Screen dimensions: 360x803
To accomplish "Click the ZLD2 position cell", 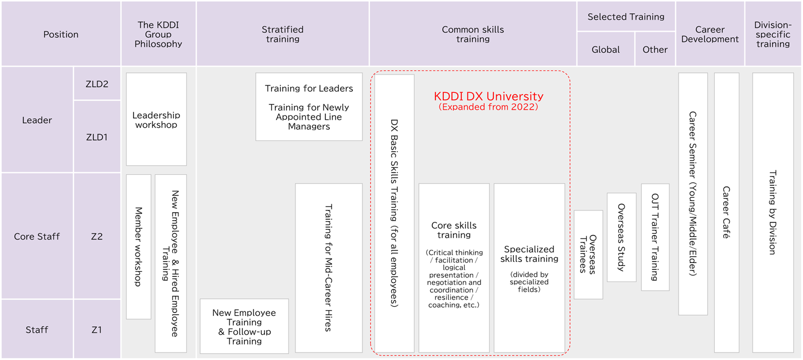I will tap(97, 84).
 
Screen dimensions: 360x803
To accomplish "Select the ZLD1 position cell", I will tap(97, 137).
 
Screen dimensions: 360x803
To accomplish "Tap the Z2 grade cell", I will tap(97, 236).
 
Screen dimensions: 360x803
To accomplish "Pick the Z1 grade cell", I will tap(97, 330).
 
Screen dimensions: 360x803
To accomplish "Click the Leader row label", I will tap(37, 120).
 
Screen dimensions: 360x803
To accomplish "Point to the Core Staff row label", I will tap(37, 236).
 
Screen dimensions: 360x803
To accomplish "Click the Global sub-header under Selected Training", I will tap(606, 49).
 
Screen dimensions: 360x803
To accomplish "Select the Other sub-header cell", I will tap(655, 49).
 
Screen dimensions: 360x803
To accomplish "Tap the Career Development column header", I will tap(710, 34).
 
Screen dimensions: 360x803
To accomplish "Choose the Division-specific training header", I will tap(773, 34).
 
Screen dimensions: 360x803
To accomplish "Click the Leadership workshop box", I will tap(156, 120).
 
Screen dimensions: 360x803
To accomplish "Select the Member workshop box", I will tap(138, 246).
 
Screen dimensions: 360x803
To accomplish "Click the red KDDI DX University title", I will tap(488, 96).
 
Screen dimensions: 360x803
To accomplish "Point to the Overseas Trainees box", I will tap(588, 255).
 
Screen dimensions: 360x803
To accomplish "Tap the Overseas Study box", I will tap(621, 237).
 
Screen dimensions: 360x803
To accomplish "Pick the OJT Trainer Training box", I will tap(655, 237).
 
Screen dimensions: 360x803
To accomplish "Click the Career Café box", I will tap(726, 212).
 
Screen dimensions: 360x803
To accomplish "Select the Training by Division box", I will tap(773, 212).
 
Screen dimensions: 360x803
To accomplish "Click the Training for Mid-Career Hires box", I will tap(329, 268).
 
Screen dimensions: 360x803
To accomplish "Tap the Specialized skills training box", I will tap(529, 268).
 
